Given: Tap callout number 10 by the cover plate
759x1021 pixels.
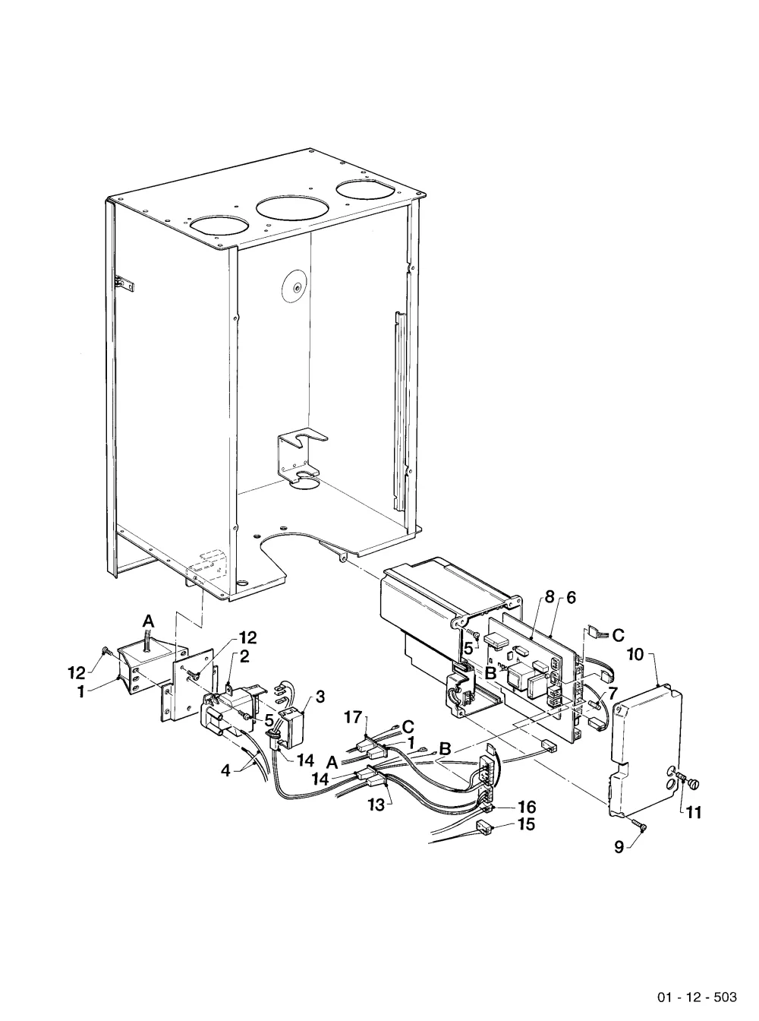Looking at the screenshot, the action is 636,654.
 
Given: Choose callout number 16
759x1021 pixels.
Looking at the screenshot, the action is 528,807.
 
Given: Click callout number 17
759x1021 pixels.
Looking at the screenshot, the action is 354,716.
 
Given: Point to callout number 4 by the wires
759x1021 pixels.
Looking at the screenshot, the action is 225,770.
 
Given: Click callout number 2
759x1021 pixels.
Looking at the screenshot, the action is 244,656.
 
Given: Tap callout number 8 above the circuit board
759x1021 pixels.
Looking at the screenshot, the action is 550,598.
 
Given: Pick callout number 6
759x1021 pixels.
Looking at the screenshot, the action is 571,598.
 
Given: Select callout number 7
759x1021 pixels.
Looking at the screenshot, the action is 613,693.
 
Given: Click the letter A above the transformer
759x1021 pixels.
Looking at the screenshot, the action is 148,622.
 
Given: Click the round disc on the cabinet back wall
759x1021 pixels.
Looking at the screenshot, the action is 294,286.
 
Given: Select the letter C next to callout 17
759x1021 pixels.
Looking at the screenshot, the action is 408,727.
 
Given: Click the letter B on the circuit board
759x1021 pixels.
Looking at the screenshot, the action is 491,673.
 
